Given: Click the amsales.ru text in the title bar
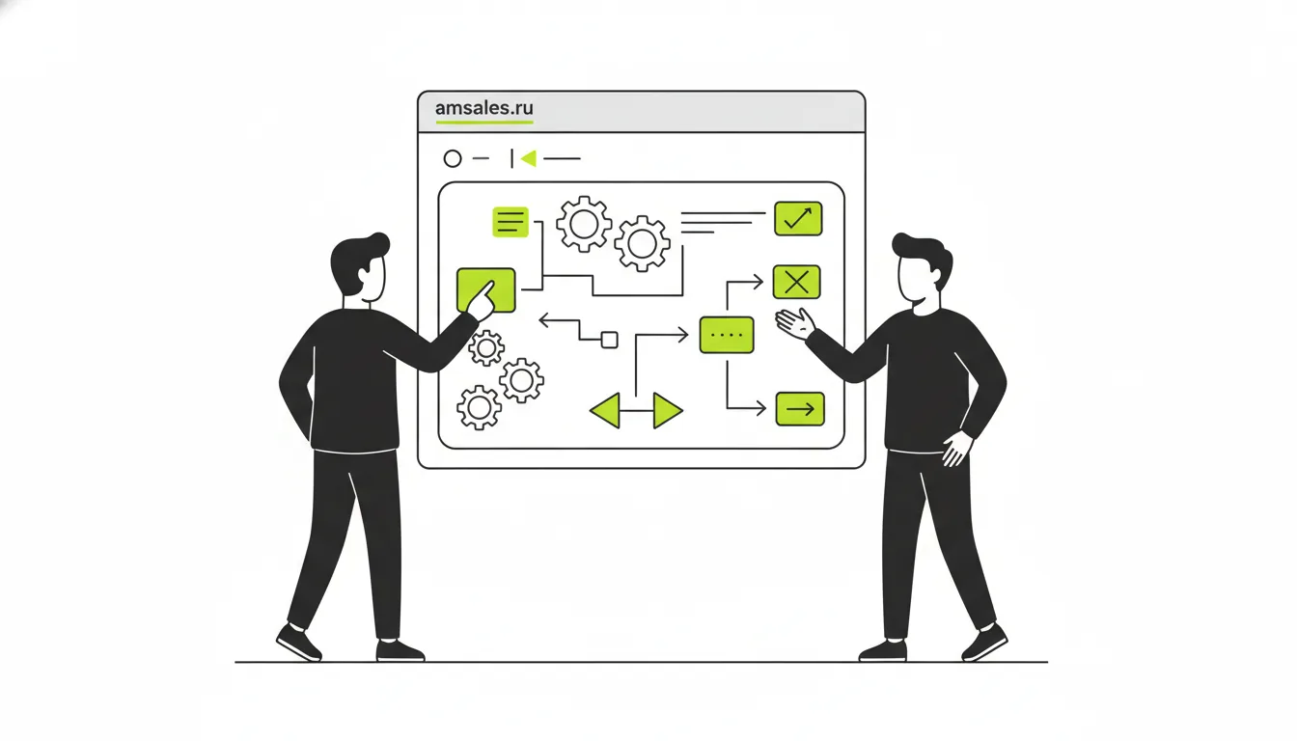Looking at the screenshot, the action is click(x=484, y=108).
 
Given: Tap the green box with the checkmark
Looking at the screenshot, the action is click(x=798, y=218).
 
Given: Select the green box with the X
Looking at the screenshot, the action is click(x=797, y=282).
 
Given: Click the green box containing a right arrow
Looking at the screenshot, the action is click(x=800, y=409).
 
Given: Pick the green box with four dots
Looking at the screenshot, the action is click(x=727, y=335).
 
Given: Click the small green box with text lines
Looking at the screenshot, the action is click(x=511, y=222).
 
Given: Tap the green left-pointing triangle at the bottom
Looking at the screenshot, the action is click(x=605, y=410).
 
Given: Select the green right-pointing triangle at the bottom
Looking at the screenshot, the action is click(x=668, y=410).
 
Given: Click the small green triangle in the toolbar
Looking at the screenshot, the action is click(x=529, y=158).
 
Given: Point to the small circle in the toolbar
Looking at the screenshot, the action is click(x=453, y=158).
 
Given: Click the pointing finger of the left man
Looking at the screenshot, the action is click(x=487, y=291).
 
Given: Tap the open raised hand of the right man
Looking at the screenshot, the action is click(x=794, y=324).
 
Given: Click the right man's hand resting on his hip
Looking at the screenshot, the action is click(x=956, y=449).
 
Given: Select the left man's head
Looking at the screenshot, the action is click(x=360, y=267).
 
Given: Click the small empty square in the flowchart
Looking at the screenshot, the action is click(x=609, y=340).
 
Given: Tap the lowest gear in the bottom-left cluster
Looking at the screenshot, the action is click(x=480, y=407).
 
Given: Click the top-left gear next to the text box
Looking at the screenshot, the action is click(x=584, y=224).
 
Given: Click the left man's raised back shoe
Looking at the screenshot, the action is click(x=299, y=643).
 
